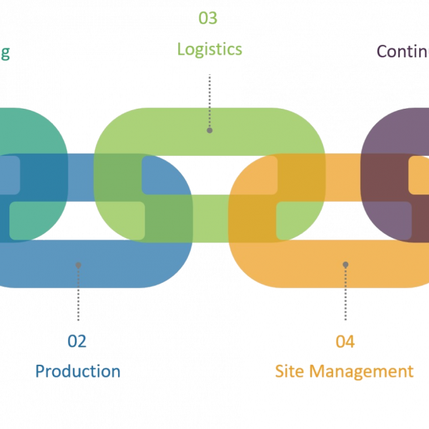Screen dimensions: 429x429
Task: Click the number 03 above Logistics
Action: [x=207, y=18]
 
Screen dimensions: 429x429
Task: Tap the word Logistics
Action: [x=209, y=49]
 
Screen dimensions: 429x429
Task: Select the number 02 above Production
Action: [x=77, y=341]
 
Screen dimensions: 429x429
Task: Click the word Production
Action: [x=77, y=371]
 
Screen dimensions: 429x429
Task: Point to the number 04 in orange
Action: [x=345, y=341]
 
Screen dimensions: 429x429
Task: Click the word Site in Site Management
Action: [x=290, y=371]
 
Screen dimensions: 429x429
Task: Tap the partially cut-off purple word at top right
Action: [x=402, y=51]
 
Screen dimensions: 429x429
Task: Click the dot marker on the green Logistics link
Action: [x=209, y=130]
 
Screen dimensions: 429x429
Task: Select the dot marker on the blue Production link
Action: [x=78, y=265]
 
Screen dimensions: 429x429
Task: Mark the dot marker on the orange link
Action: [x=345, y=265]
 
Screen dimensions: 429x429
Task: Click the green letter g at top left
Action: [x=4, y=54]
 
